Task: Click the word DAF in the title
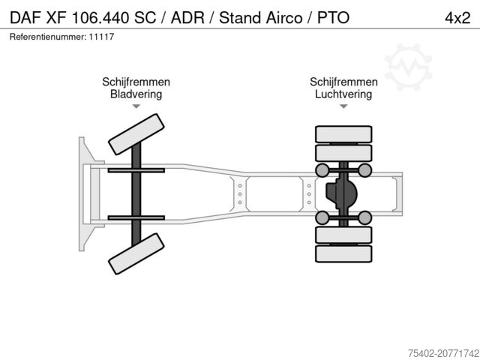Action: point(25,18)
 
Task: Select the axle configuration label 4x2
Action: point(457,18)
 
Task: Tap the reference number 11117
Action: point(102,37)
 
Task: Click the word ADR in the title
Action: point(187,18)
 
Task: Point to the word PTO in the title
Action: point(333,18)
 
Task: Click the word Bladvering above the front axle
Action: point(136,94)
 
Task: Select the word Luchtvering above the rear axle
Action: point(343,94)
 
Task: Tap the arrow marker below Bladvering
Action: point(136,106)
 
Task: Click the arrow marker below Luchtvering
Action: point(343,106)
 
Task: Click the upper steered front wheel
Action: point(136,134)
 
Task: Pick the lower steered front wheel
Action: point(136,253)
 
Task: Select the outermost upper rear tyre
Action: point(343,134)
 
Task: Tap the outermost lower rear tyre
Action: point(343,253)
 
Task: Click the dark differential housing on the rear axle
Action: point(341,193)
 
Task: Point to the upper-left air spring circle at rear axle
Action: point(322,170)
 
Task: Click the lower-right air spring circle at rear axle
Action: point(364,217)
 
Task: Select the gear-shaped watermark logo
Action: point(408,67)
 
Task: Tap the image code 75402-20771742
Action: point(443,353)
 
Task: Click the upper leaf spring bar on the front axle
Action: point(136,170)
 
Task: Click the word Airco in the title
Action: point(283,18)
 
